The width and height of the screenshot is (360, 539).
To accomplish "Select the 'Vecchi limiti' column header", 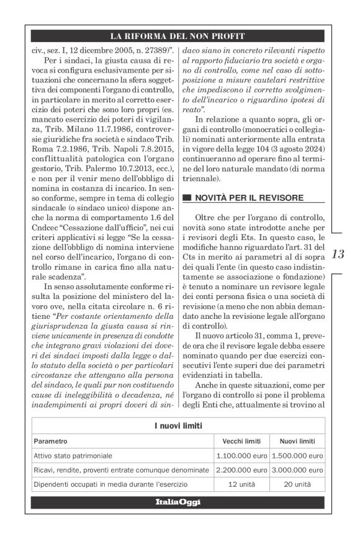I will tap(241, 442).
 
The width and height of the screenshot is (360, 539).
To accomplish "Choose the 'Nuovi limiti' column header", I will tap(297, 442).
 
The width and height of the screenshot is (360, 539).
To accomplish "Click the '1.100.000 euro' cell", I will tap(241, 456).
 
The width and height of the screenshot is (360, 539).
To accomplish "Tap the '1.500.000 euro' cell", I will tap(297, 456).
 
